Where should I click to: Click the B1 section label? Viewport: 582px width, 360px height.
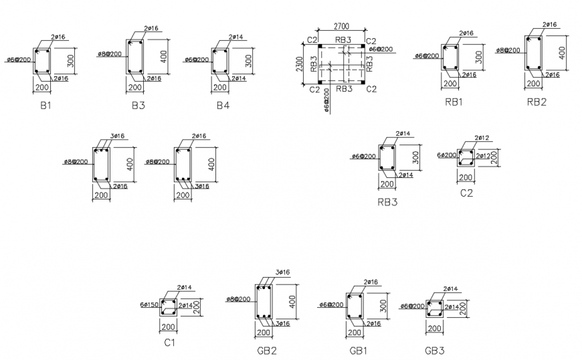(45, 105)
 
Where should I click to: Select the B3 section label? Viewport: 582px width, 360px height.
(138, 105)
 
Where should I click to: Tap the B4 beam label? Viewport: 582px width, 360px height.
(223, 105)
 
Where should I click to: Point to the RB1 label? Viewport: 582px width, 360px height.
(453, 102)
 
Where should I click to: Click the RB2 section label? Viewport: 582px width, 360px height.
(537, 102)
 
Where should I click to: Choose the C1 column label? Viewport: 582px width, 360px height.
(170, 343)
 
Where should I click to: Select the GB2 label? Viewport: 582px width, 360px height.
(267, 350)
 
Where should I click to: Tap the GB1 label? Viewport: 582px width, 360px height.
(358, 350)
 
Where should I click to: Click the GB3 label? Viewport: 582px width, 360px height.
(434, 350)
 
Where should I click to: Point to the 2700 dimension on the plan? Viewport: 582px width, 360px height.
(341, 27)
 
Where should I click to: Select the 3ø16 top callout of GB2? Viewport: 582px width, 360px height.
(282, 272)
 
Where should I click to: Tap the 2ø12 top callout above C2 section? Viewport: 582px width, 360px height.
(482, 139)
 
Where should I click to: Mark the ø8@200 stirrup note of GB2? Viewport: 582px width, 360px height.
(239, 298)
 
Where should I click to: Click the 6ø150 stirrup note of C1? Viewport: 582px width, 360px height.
(149, 305)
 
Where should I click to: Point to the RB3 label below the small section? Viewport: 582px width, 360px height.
(387, 201)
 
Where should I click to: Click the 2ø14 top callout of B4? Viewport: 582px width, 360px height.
(236, 37)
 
